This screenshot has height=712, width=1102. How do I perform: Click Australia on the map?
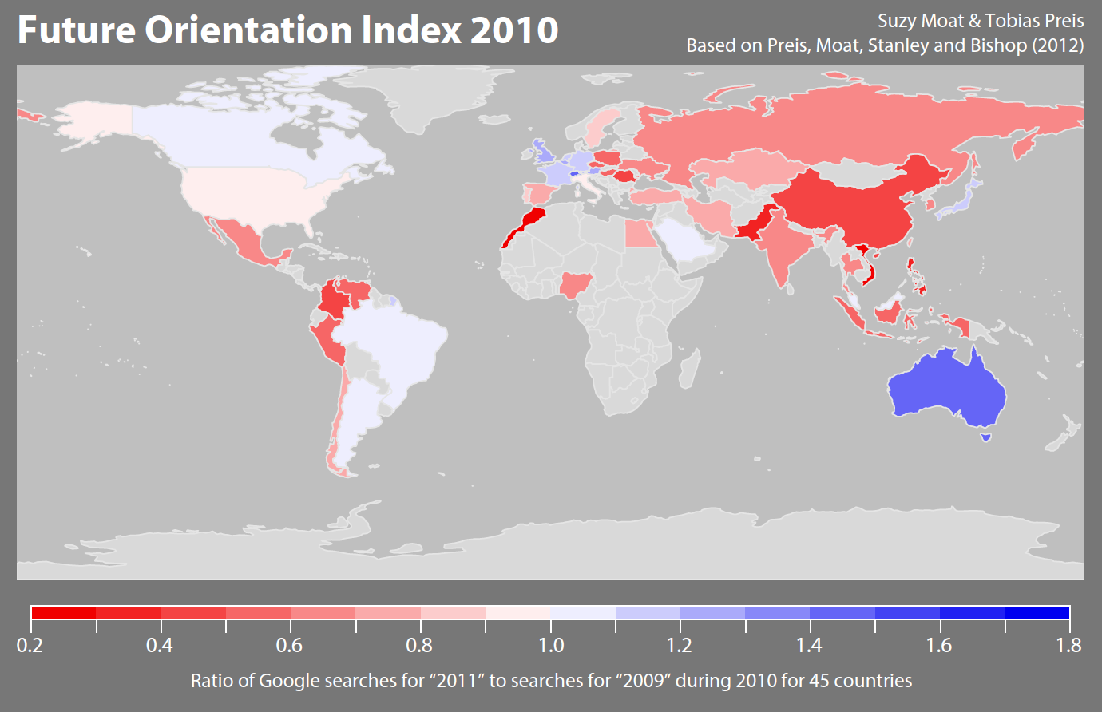946,387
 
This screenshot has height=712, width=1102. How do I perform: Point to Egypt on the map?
637,234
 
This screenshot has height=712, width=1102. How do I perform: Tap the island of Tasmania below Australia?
986,436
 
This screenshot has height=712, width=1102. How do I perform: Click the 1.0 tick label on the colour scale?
551,645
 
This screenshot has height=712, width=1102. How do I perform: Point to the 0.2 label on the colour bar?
30,645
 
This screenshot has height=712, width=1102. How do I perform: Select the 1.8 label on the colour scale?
1069,645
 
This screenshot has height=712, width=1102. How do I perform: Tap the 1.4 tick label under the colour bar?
810,645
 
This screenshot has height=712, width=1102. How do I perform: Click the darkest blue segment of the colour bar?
1037,612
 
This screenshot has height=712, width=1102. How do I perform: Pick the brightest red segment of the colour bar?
64,612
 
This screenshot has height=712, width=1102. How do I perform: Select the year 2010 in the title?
514,30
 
